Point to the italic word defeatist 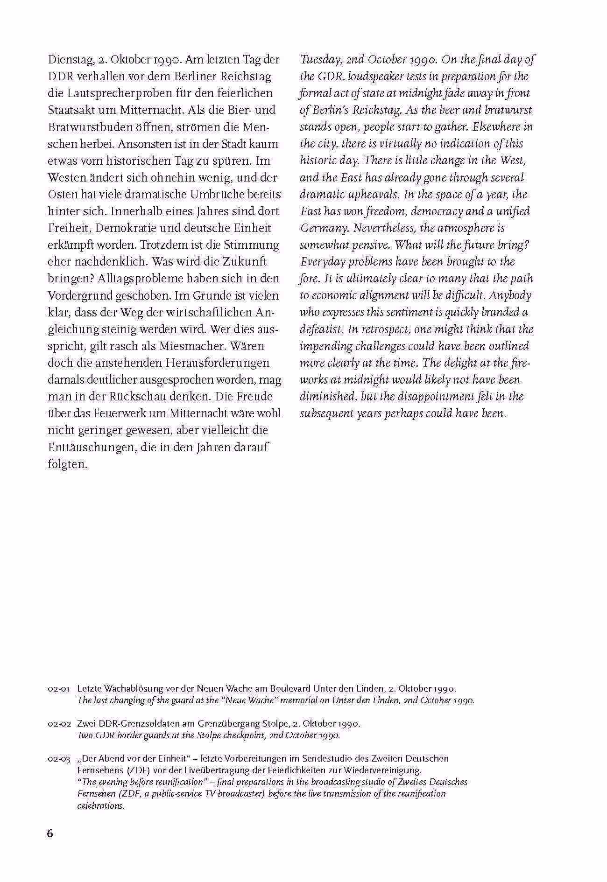[x=322, y=329]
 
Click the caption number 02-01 [x=59, y=689]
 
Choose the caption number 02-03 [x=59, y=759]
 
